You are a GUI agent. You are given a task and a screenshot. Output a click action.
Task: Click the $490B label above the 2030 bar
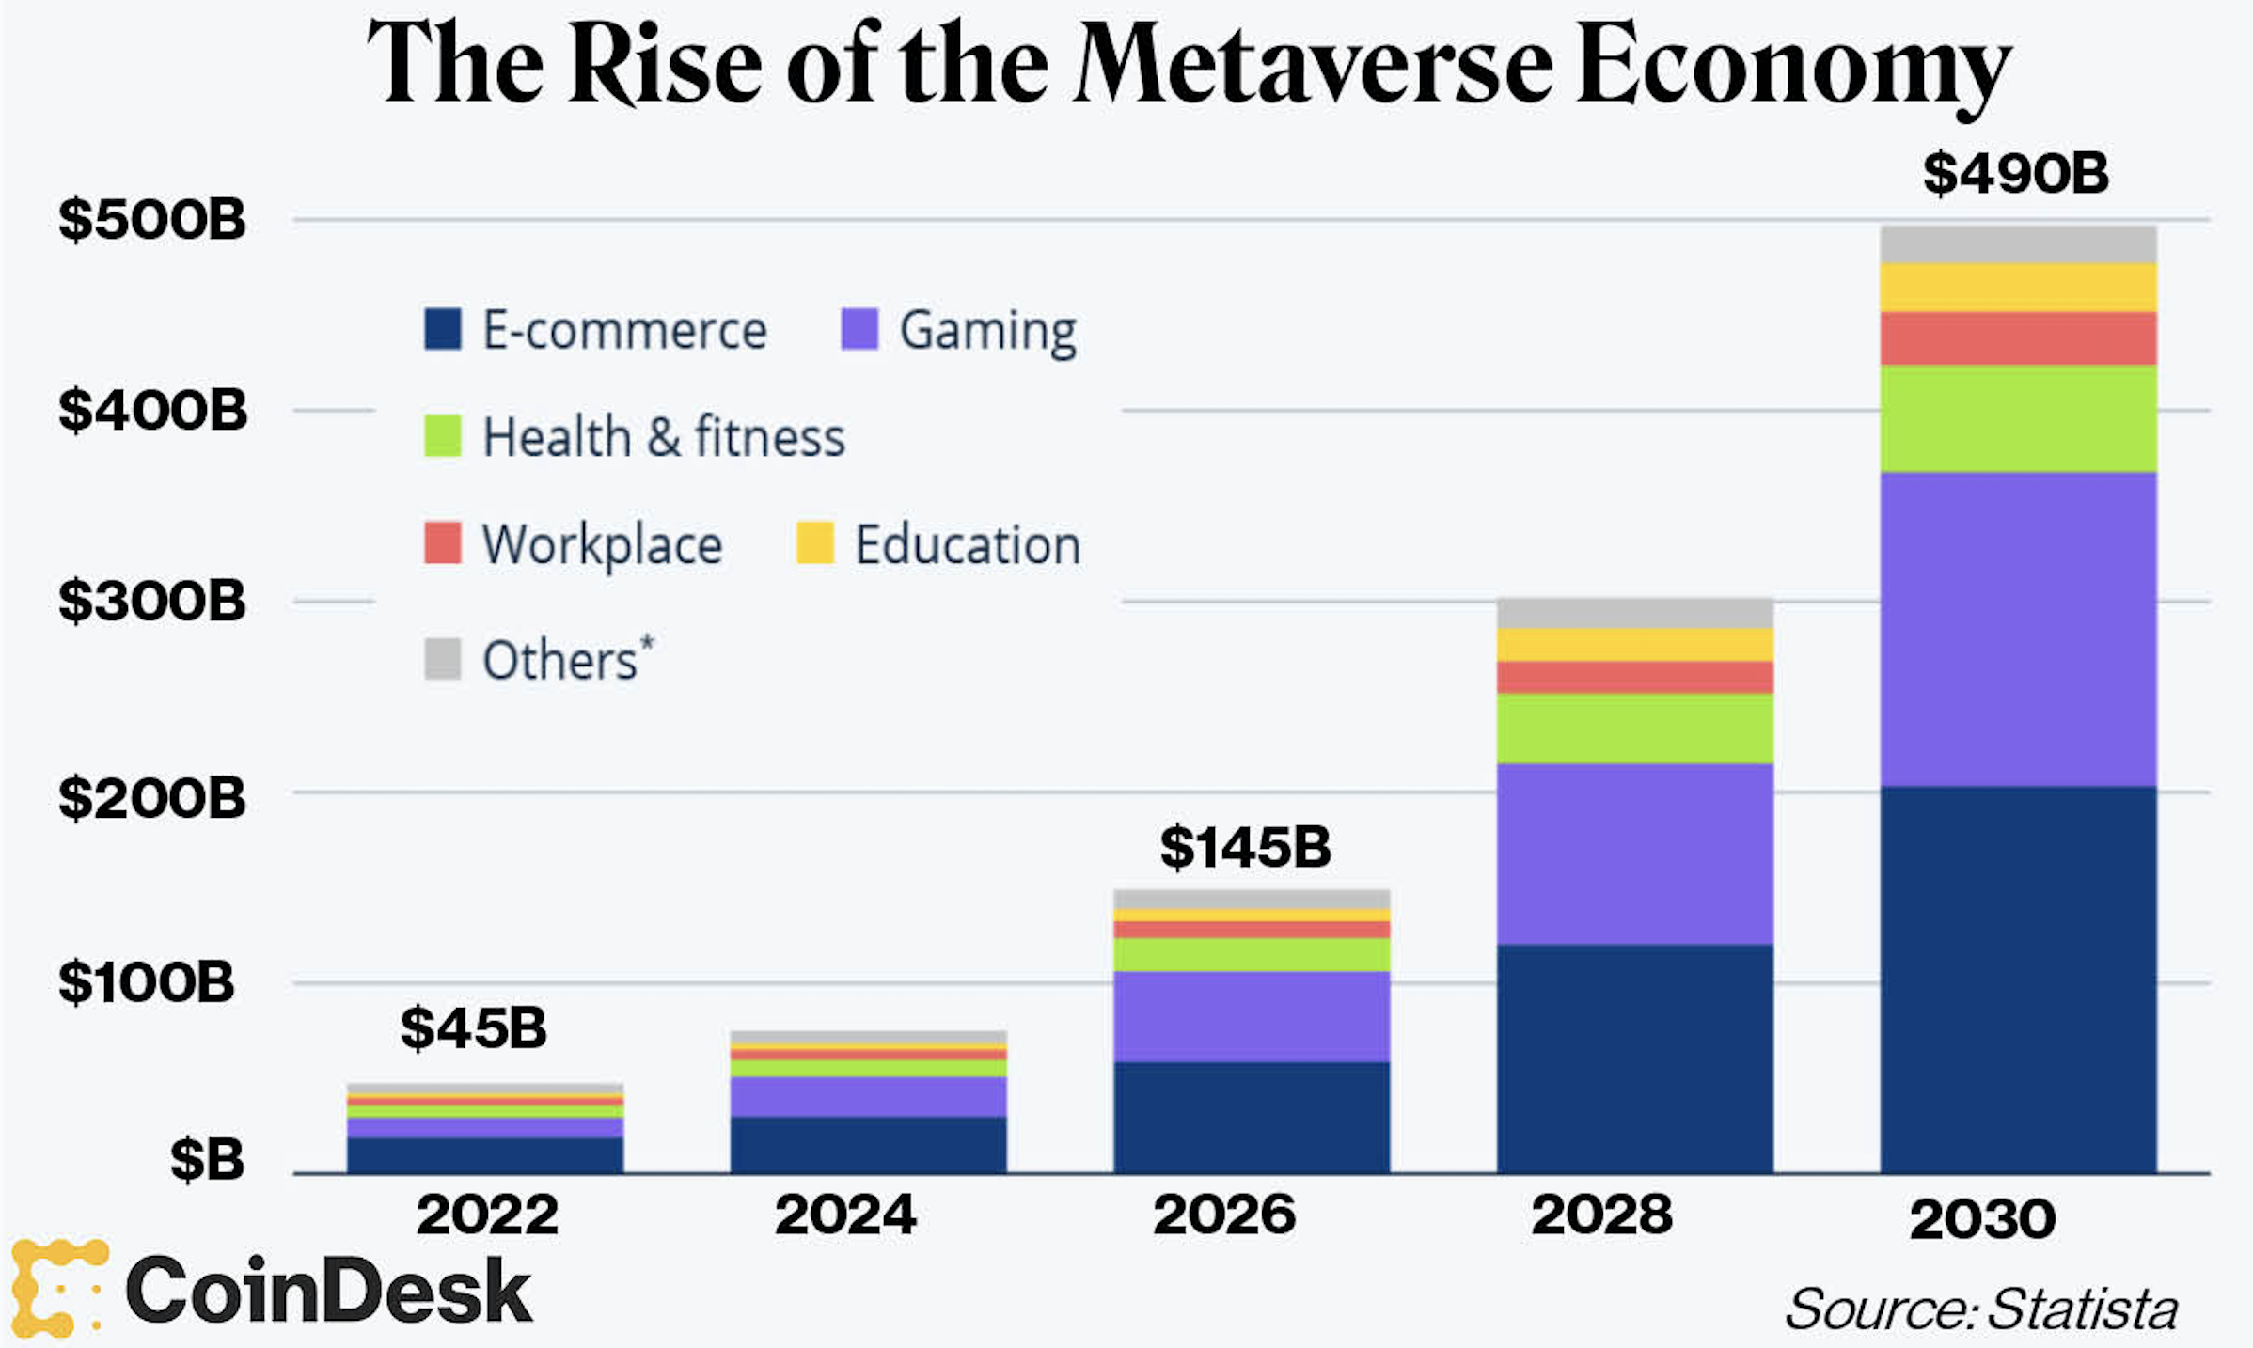[2015, 175]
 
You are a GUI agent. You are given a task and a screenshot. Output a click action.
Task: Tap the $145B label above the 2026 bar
[1245, 848]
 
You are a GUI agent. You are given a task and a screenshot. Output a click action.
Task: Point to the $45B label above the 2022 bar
[473, 1027]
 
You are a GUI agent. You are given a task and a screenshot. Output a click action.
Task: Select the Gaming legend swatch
[859, 329]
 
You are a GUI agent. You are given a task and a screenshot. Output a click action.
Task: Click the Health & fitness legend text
[664, 437]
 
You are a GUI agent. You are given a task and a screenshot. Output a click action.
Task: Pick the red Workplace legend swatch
[443, 543]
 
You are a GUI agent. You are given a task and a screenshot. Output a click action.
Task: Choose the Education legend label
[968, 545]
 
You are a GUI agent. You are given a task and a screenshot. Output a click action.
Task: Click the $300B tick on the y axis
[152, 602]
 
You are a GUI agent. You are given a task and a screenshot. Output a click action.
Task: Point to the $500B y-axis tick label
[152, 221]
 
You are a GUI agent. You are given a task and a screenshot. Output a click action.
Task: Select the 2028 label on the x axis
[1602, 1215]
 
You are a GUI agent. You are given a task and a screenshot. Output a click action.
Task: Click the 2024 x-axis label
[845, 1215]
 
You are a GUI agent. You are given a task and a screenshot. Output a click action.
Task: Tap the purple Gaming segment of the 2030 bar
[2018, 630]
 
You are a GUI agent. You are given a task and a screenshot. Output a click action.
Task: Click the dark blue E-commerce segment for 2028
[1635, 1058]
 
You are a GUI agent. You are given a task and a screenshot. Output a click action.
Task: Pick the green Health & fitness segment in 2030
[2018, 419]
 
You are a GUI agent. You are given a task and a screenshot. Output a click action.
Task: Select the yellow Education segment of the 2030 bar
[2018, 288]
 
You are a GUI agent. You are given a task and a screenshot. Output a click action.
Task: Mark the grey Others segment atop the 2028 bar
[1635, 613]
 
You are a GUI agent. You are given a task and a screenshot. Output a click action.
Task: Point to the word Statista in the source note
[2084, 1309]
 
